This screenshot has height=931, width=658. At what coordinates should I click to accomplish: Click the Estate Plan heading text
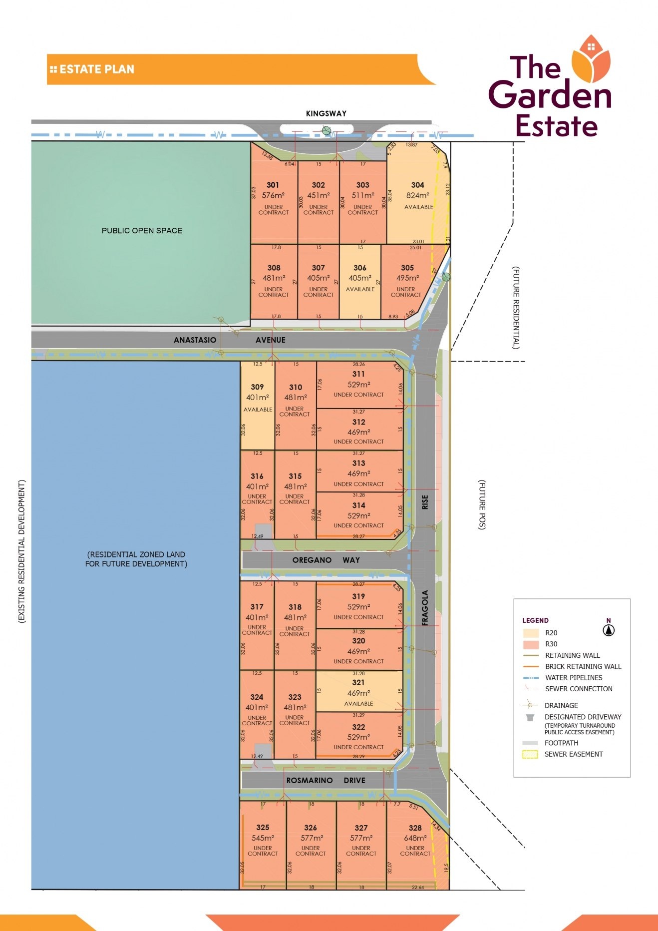point(96,69)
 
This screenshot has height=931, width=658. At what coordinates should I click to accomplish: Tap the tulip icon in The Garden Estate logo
point(591,59)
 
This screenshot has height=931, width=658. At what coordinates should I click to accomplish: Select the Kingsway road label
point(326,114)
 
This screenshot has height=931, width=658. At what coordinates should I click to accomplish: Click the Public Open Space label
point(142,231)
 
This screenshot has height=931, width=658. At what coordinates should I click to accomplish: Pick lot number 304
point(417,185)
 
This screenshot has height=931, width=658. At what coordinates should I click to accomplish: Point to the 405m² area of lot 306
point(360,278)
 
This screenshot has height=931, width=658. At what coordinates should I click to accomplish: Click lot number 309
point(257,387)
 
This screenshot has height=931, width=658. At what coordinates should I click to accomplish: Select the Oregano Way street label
point(326,560)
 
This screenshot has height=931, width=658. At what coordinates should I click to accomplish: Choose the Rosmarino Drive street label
point(326,780)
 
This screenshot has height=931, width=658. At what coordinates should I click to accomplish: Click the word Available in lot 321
point(358,704)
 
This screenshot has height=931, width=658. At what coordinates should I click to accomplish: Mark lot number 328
point(415,828)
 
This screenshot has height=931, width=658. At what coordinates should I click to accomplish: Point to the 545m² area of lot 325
point(263,838)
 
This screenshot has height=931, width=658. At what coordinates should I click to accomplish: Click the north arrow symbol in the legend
point(609,630)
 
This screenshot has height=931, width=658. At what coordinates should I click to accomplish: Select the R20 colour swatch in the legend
point(531,633)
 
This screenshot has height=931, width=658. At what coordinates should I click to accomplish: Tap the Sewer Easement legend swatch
point(530,754)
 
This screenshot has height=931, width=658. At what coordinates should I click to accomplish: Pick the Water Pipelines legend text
point(574,678)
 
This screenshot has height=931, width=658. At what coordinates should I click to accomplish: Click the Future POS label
point(482,504)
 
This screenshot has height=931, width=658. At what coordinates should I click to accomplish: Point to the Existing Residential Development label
point(21,551)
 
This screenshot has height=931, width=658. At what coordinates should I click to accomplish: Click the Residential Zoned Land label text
point(136,559)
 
